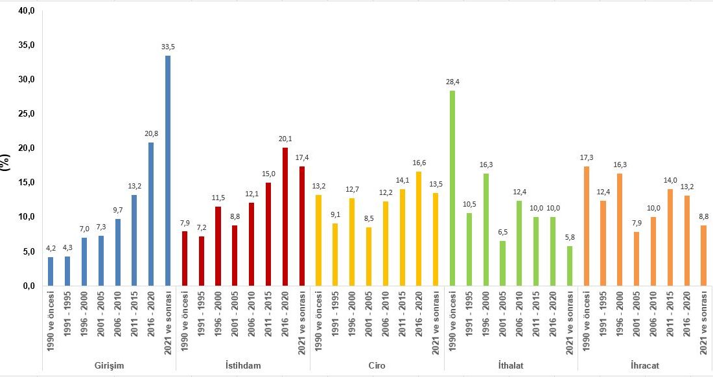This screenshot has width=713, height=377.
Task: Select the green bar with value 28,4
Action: tap(452, 188)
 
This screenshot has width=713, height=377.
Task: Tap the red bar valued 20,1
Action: tap(285, 216)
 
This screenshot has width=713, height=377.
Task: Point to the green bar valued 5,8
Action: tap(570, 266)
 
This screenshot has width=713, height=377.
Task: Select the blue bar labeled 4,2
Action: tap(51, 271)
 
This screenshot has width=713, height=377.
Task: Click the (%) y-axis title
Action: tap(6, 161)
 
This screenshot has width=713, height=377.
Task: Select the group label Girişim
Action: tap(109, 365)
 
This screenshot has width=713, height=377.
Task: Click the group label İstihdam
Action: tap(243, 365)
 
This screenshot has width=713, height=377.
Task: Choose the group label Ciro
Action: tap(377, 365)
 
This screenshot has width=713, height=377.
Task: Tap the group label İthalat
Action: tap(511, 365)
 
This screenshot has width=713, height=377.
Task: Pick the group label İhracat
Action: tap(645, 365)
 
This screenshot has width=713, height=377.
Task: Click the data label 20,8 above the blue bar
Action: tap(151, 133)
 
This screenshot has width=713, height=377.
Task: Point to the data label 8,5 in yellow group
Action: tap(369, 218)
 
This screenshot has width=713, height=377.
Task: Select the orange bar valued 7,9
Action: tap(620, 258)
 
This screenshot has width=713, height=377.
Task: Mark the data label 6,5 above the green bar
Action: tap(503, 231)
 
